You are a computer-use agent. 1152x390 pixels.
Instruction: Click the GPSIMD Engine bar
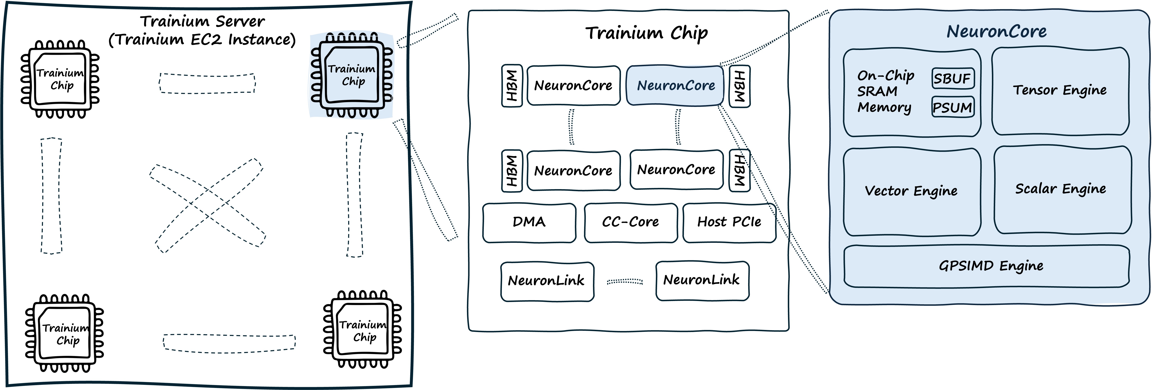(x=991, y=266)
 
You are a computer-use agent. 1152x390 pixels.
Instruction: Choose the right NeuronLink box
(x=702, y=280)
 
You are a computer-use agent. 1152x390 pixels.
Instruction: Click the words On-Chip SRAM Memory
(x=885, y=92)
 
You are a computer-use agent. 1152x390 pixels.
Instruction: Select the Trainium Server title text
(x=202, y=30)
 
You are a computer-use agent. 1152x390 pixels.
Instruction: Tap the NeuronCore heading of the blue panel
(x=996, y=31)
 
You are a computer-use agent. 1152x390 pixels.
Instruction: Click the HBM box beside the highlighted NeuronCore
(x=739, y=86)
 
